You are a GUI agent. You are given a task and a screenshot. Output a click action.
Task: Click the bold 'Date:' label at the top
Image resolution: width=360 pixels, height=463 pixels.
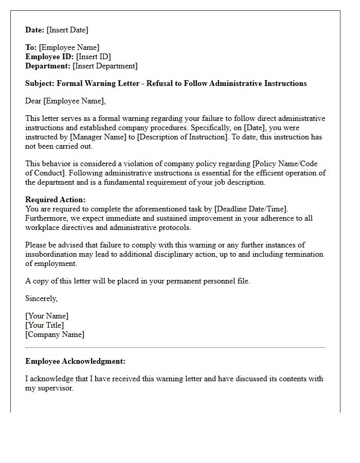(35, 30)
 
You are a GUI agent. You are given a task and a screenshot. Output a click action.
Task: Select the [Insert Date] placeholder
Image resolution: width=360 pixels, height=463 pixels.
(67, 30)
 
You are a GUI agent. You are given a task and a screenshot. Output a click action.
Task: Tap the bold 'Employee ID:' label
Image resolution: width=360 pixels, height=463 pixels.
(49, 57)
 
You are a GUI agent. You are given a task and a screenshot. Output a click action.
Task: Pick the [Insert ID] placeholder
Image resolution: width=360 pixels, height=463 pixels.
(93, 57)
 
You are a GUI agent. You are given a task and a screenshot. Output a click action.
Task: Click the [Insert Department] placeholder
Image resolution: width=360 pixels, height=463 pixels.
(105, 66)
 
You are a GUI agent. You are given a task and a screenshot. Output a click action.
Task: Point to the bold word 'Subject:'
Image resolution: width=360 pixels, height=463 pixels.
(40, 83)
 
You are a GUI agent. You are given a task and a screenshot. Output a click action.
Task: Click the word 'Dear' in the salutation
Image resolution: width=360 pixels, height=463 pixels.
(33, 101)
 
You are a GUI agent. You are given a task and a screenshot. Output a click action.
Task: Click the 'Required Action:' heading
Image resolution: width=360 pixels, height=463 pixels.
(56, 200)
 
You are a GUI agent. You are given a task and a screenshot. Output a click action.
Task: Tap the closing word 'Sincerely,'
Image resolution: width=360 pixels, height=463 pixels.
(42, 298)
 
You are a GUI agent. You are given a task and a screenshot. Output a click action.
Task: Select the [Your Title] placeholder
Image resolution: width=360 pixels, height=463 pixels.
(45, 325)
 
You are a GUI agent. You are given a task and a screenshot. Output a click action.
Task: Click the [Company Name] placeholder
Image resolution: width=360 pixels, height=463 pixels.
(55, 334)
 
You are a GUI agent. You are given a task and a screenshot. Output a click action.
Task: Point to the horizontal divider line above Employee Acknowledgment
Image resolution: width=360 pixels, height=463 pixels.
(175, 348)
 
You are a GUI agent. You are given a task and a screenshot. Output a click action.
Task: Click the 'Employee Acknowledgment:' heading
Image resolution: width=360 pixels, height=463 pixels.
(75, 361)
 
